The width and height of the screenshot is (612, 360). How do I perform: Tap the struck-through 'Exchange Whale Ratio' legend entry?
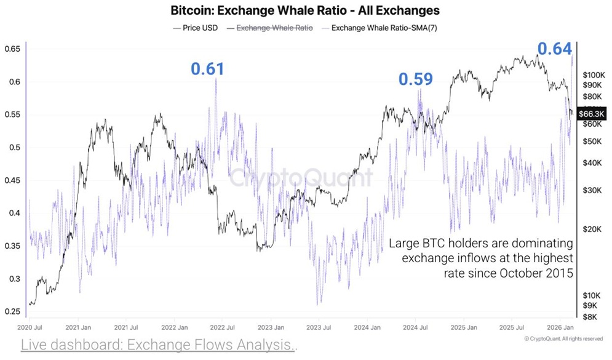270,28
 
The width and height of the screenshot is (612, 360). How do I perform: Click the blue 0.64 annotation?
555,49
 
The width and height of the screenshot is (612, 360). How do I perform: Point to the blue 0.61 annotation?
207,69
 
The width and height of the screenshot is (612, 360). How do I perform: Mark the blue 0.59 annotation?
415,79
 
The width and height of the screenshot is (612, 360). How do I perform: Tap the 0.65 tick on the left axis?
12,49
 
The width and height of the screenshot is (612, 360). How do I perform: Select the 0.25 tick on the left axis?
12,312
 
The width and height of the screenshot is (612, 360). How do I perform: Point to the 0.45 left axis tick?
12,180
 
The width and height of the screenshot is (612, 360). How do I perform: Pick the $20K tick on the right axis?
592,229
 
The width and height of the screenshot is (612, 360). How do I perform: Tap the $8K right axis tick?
590,317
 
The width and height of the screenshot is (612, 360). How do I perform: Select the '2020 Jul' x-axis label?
29,328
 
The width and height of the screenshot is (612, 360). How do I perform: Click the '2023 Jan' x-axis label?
271,328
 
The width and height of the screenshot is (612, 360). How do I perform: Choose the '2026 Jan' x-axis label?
561,328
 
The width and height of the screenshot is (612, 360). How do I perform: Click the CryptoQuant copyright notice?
563,338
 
